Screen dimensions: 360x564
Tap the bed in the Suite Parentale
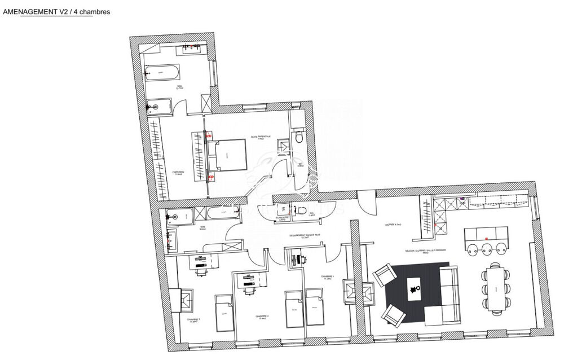point(227,155)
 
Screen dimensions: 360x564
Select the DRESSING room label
point(178,174)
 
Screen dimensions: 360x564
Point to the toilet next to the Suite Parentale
point(299,137)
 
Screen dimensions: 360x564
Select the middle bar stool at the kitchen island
point(487,248)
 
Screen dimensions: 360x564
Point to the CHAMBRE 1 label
point(328,277)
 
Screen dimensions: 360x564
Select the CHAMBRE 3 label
point(193,320)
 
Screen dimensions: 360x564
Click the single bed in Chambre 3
point(224,313)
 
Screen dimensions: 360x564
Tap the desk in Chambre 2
point(249,278)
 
